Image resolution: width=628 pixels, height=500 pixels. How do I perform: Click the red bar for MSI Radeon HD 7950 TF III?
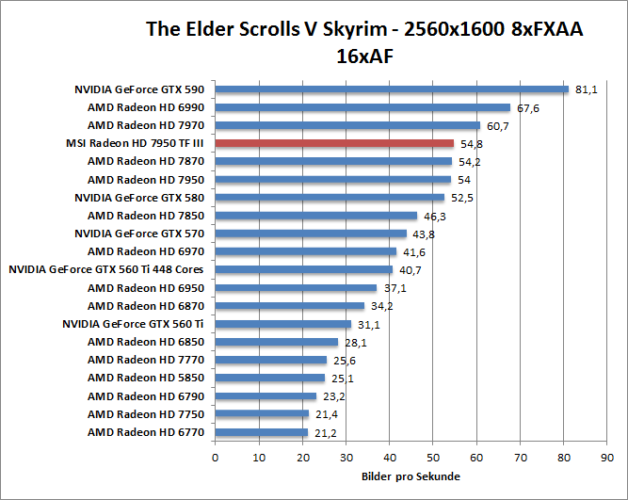click(334, 143)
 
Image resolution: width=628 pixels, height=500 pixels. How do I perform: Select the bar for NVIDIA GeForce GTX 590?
click(392, 89)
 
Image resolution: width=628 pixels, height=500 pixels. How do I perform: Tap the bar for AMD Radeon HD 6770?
click(261, 432)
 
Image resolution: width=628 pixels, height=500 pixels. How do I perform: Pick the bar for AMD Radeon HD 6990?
click(362, 107)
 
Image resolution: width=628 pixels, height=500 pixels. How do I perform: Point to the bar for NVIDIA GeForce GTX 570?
click(311, 234)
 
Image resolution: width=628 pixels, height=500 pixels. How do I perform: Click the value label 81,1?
click(587, 89)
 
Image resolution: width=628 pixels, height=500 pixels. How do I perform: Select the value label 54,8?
click(472, 143)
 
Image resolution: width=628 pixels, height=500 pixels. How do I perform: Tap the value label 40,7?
click(411, 270)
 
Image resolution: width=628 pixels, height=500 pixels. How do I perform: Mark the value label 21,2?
click(326, 432)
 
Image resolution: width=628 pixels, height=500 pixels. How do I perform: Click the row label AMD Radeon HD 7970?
click(146, 125)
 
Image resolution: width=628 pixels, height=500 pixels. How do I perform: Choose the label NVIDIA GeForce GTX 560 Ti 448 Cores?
click(106, 270)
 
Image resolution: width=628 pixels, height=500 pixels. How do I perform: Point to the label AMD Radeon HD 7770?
click(146, 360)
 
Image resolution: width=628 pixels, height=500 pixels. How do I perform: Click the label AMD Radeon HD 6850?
click(146, 342)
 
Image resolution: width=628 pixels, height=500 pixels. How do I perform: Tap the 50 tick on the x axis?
click(433, 458)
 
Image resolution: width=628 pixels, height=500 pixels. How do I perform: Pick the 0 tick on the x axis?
click(216, 458)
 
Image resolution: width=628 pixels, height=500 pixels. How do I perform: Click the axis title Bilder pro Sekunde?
click(411, 476)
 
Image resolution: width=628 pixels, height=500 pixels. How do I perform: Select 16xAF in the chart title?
click(364, 56)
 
